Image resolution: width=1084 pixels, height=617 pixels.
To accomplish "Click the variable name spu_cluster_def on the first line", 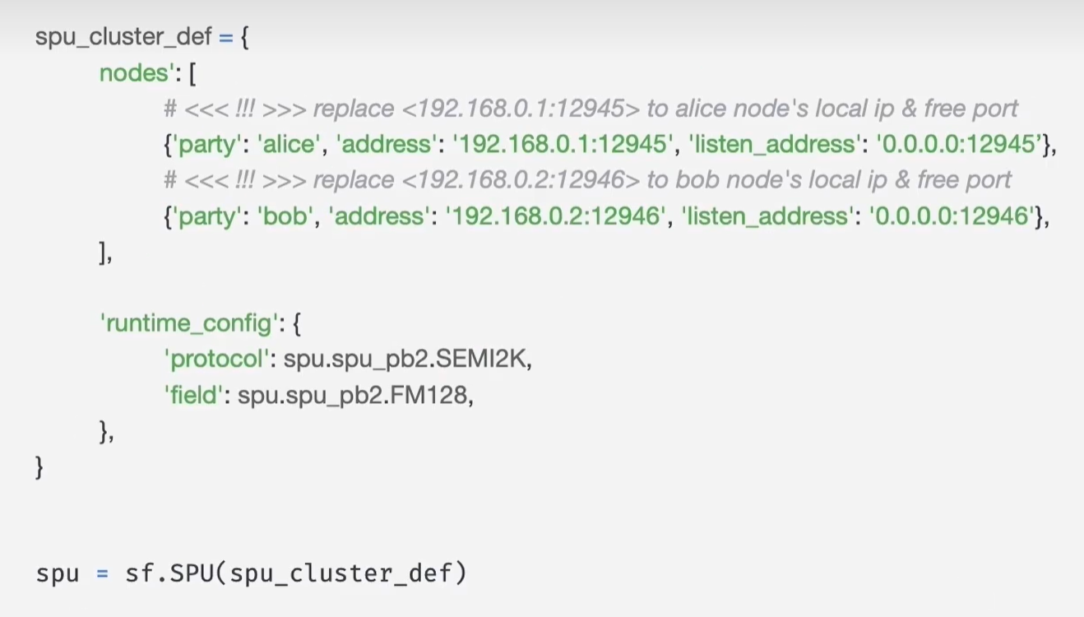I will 124,38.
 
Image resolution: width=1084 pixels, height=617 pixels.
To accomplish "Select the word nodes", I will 133,73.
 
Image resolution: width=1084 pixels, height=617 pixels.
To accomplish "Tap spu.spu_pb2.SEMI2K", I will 407,360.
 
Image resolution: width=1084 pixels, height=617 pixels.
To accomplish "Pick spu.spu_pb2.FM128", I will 354,396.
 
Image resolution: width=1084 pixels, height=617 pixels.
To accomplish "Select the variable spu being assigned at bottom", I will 57,573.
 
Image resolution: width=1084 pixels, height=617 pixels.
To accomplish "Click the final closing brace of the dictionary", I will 39,467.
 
